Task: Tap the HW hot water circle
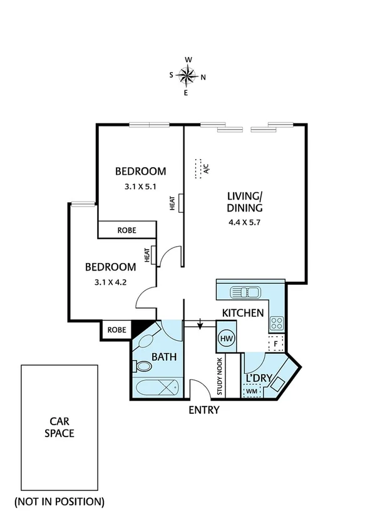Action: coord(225,339)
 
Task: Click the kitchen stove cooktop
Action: coord(277,323)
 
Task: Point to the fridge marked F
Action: coord(275,344)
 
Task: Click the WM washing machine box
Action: coord(252,391)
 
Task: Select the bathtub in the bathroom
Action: coord(157,388)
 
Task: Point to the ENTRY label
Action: coord(204,411)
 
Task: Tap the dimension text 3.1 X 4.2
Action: coord(110,281)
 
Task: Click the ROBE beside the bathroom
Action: coord(116,330)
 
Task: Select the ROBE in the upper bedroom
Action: coord(126,230)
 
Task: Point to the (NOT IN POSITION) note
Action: coord(59,502)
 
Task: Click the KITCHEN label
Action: coord(243,312)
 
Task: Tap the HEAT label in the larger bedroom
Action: coord(172,204)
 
